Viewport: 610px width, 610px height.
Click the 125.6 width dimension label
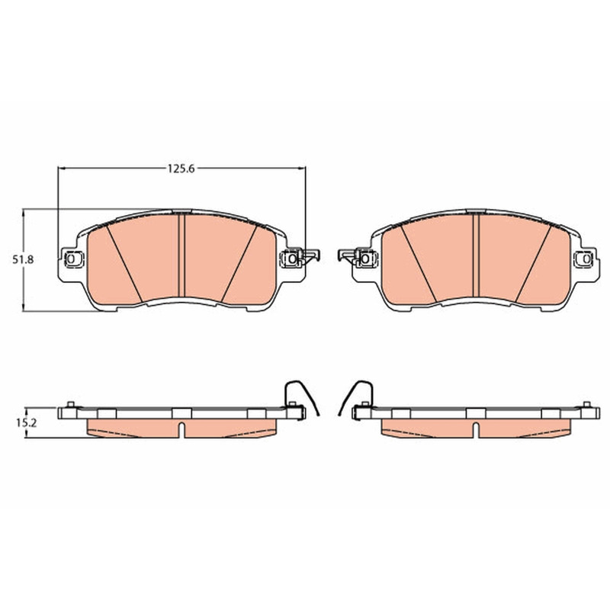tap(181, 169)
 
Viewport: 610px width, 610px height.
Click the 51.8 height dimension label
tap(23, 259)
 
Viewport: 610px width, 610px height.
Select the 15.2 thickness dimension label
tap(26, 423)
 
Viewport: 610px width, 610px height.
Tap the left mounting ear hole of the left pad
tap(71, 258)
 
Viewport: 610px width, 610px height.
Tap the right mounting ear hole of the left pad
tap(292, 258)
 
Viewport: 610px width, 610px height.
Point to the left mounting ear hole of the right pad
tap(365, 258)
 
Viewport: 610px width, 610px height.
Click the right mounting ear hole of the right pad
tap(586, 258)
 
